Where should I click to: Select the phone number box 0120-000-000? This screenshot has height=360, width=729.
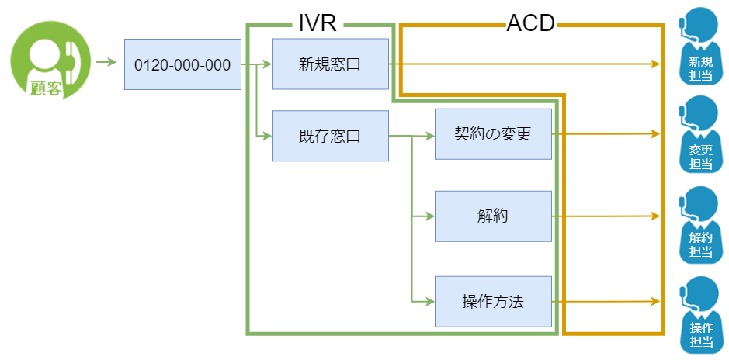tap(182, 64)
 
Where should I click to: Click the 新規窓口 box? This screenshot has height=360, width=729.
tap(330, 64)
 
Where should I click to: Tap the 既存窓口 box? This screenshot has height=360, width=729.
tap(330, 136)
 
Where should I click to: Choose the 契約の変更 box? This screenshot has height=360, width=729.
tap(493, 134)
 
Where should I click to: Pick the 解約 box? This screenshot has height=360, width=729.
tap(493, 216)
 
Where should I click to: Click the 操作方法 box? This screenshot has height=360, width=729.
tap(493, 301)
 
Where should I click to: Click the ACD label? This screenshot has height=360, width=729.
tap(530, 23)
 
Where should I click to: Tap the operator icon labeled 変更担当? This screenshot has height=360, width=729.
tap(699, 134)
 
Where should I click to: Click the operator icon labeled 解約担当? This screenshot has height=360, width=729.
tap(699, 223)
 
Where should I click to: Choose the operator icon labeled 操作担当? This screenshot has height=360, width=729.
tap(699, 314)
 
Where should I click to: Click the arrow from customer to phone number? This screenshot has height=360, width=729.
tap(105, 61)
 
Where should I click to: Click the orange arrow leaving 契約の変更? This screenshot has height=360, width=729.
tap(606, 134)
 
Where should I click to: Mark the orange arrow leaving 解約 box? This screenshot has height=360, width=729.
tap(606, 216)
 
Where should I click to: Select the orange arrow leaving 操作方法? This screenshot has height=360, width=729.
tap(606, 301)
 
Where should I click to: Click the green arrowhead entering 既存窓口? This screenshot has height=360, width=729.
tap(266, 137)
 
